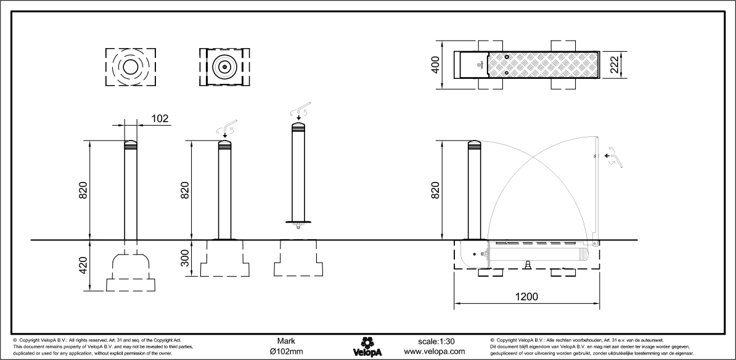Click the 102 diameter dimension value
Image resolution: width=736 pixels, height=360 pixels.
159,118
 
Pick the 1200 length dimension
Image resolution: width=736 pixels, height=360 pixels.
525,297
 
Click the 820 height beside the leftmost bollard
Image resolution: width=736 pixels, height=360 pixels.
83,190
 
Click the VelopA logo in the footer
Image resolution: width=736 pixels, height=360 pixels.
368,346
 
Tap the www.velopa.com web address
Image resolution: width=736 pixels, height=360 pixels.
434,351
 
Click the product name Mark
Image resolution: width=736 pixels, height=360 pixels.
286,341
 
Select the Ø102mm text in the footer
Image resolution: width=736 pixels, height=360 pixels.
286,351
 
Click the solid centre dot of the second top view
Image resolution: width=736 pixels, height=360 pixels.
225,67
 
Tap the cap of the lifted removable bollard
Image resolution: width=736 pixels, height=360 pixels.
298,127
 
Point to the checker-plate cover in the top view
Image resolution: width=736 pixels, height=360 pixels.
542,64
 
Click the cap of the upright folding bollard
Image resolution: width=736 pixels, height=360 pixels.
475,145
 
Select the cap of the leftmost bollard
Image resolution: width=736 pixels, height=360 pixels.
131,145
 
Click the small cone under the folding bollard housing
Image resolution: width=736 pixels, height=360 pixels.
528,264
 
